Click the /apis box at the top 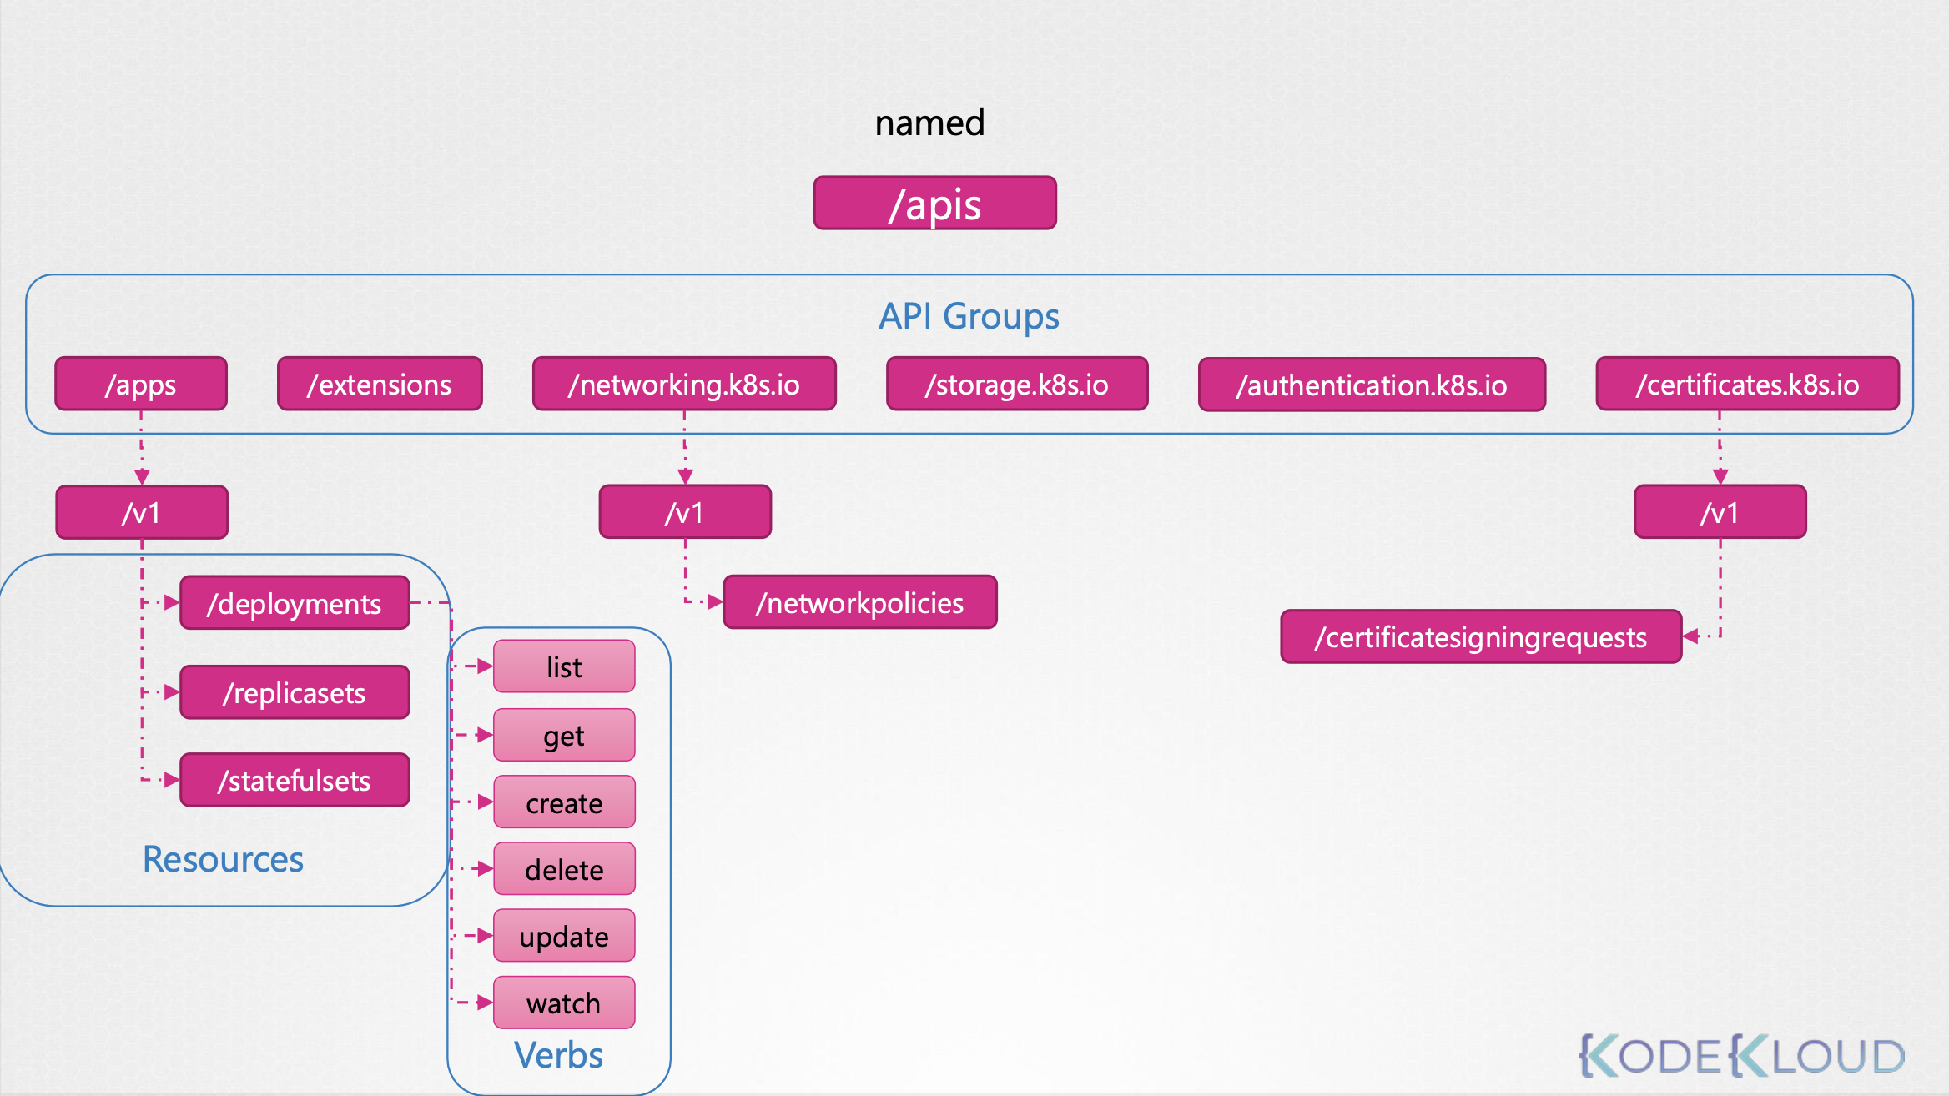click(x=934, y=203)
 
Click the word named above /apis click(x=929, y=123)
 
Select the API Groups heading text click(x=968, y=316)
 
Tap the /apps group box click(x=141, y=384)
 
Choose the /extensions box click(x=380, y=384)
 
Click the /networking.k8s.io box click(x=684, y=384)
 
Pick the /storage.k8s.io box click(x=1017, y=384)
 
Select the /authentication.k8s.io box click(x=1372, y=385)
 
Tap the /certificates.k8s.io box click(x=1747, y=384)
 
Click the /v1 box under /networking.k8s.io click(x=685, y=512)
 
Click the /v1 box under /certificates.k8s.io click(x=1720, y=512)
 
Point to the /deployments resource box click(x=295, y=602)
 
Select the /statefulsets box click(x=295, y=780)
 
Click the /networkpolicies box click(x=859, y=601)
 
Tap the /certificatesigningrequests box click(x=1481, y=636)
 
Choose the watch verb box click(x=564, y=1003)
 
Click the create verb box click(x=564, y=802)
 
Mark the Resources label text click(x=223, y=859)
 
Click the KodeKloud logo click(x=1742, y=1056)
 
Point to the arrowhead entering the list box click(x=485, y=666)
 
